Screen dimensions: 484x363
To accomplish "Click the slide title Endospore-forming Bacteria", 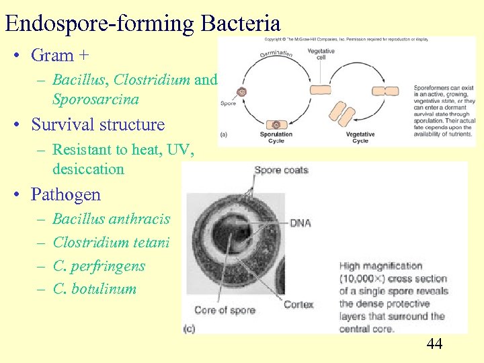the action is point(142,24).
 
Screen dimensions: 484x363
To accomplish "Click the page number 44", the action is point(434,344).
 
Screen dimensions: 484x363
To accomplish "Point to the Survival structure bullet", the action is point(97,124).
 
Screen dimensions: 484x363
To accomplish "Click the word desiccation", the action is point(88,169).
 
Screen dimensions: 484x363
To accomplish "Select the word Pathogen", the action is point(65,195).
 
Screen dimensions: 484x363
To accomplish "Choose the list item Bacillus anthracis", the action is point(111,219).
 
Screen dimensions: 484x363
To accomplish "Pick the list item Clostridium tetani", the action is point(111,242).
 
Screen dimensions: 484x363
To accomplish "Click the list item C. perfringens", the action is point(99,266).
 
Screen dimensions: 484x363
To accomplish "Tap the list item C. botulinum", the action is point(94,289).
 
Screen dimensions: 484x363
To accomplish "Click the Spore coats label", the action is point(281,169).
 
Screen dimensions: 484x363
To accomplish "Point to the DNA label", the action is point(300,223).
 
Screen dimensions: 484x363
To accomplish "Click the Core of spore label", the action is point(225,310).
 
